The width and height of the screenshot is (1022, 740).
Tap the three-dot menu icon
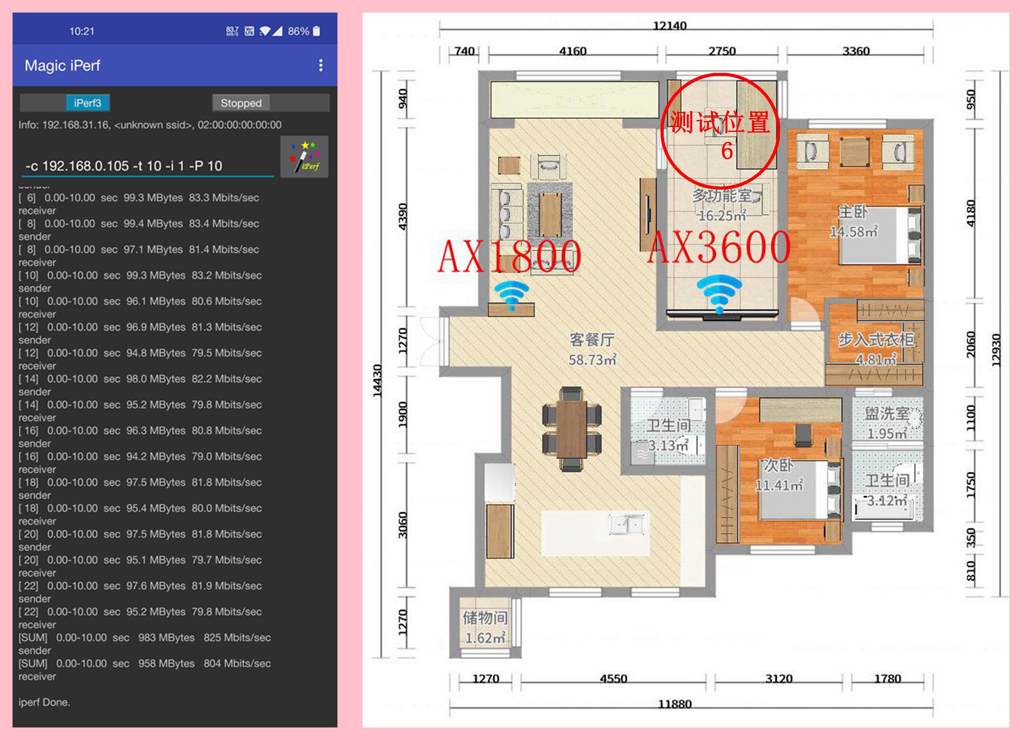pos(320,65)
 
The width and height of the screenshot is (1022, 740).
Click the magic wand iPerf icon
pos(304,157)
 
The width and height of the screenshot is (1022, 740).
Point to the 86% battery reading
pos(298,31)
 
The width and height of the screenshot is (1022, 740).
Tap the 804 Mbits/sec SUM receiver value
pos(237,663)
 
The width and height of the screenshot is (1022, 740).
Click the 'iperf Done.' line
pos(44,702)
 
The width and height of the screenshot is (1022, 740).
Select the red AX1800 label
pos(509,256)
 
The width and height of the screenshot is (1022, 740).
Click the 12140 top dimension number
pos(670,26)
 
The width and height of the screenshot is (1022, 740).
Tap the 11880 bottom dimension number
pos(675,704)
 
